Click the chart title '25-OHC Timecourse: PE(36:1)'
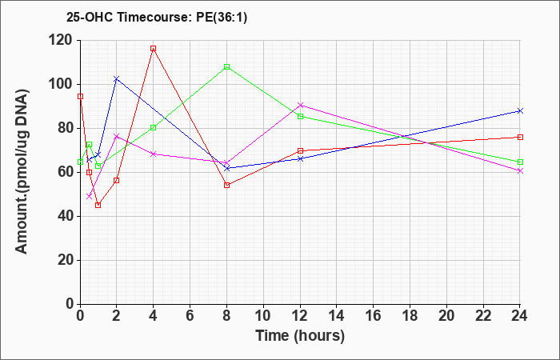pyautogui.click(x=157, y=18)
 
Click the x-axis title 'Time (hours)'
pyautogui.click(x=300, y=336)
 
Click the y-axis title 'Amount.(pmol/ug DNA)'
pyautogui.click(x=22, y=172)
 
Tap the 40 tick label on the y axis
pyautogui.click(x=66, y=217)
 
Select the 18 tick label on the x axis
pyautogui.click(x=410, y=315)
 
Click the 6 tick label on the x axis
pyautogui.click(x=190, y=315)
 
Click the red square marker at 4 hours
pyautogui.click(x=154, y=49)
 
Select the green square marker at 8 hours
pyautogui.click(x=226, y=66)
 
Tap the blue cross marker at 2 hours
pyautogui.click(x=117, y=78)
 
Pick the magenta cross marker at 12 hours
pyautogui.click(x=300, y=105)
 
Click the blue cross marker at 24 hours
pyautogui.click(x=520, y=110)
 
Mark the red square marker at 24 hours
pyautogui.click(x=520, y=137)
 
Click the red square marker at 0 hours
pyautogui.click(x=80, y=97)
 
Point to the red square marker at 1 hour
pyautogui.click(x=98, y=205)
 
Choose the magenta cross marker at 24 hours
pyautogui.click(x=520, y=170)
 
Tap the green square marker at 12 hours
pyautogui.click(x=300, y=117)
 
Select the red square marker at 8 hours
pyautogui.click(x=226, y=185)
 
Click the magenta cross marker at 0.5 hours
pyautogui.click(x=90, y=197)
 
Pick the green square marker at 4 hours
pyautogui.click(x=154, y=127)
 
